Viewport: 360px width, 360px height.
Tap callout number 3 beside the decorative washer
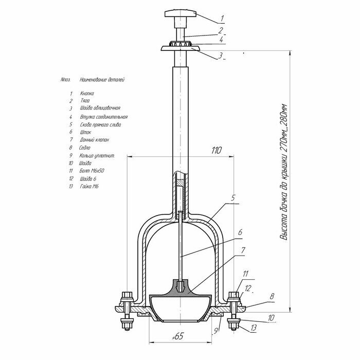[x=220, y=56]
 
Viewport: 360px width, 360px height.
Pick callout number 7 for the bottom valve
[x=243, y=250]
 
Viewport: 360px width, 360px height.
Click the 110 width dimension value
[x=216, y=151]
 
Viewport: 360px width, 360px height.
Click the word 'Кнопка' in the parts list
[x=87, y=94]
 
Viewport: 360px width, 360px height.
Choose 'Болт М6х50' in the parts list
[x=90, y=171]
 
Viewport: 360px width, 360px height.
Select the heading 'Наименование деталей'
[x=102, y=80]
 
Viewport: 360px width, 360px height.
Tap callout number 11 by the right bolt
[x=246, y=274]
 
